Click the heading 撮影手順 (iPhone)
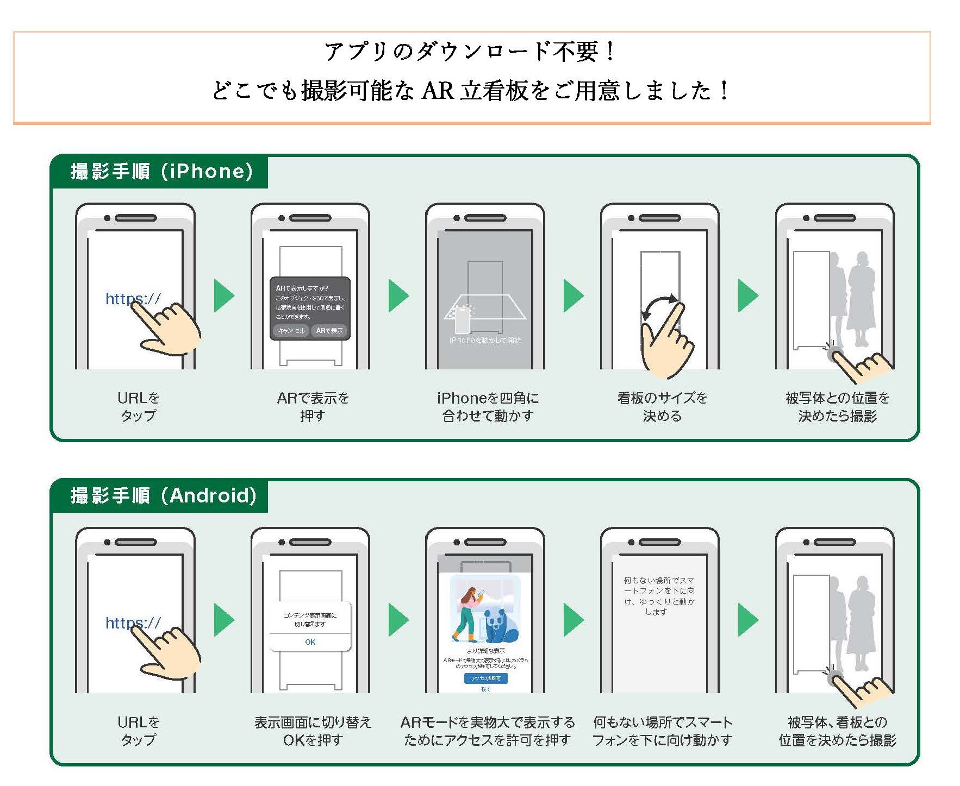pyautogui.click(x=161, y=172)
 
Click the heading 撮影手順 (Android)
pyautogui.click(x=163, y=496)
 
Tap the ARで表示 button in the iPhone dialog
pyautogui.click(x=329, y=330)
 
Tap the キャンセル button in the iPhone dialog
pyautogui.click(x=291, y=330)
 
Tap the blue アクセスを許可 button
pyautogui.click(x=485, y=678)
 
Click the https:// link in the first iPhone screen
pyautogui.click(x=133, y=298)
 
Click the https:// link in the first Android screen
pyautogui.click(x=133, y=622)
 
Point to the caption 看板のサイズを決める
pyautogui.click(x=662, y=407)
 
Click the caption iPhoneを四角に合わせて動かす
pyautogui.click(x=487, y=407)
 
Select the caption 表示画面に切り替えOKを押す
pyautogui.click(x=313, y=731)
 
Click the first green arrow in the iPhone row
pyautogui.click(x=223, y=296)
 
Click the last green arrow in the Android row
pyautogui.click(x=747, y=620)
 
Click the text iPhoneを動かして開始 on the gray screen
pyautogui.click(x=485, y=340)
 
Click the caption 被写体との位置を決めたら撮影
pyautogui.click(x=837, y=407)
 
